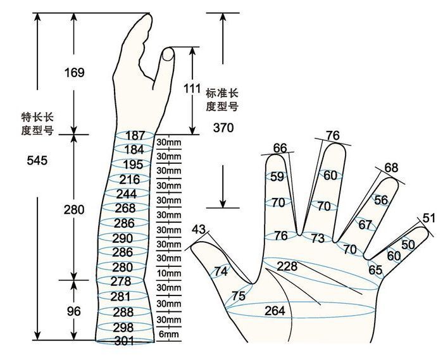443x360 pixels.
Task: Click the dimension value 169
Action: pos(74,73)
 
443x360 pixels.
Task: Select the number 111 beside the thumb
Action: pos(192,89)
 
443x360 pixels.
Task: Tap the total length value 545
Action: pos(37,160)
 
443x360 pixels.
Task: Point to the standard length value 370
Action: pos(223,128)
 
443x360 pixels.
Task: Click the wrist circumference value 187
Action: pos(135,135)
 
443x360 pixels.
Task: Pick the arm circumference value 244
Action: pos(127,194)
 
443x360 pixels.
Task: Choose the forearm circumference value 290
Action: pos(122,239)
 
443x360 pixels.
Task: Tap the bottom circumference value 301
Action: pos(124,342)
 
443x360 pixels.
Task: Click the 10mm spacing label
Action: pos(169,273)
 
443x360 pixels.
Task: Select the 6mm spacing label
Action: pos(169,334)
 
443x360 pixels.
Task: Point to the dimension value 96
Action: pos(74,311)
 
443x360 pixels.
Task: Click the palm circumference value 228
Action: pos(287,266)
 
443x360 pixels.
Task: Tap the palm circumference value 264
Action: pos(275,311)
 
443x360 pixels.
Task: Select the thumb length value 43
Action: pos(199,229)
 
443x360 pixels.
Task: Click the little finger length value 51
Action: pos(429,218)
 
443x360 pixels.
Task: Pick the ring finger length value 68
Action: pos(391,168)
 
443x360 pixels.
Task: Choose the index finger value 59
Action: pos(277,177)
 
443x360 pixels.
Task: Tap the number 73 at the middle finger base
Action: pos(318,239)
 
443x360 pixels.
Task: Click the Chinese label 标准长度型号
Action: pos(222,100)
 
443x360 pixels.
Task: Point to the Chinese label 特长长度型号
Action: pos(37,123)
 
